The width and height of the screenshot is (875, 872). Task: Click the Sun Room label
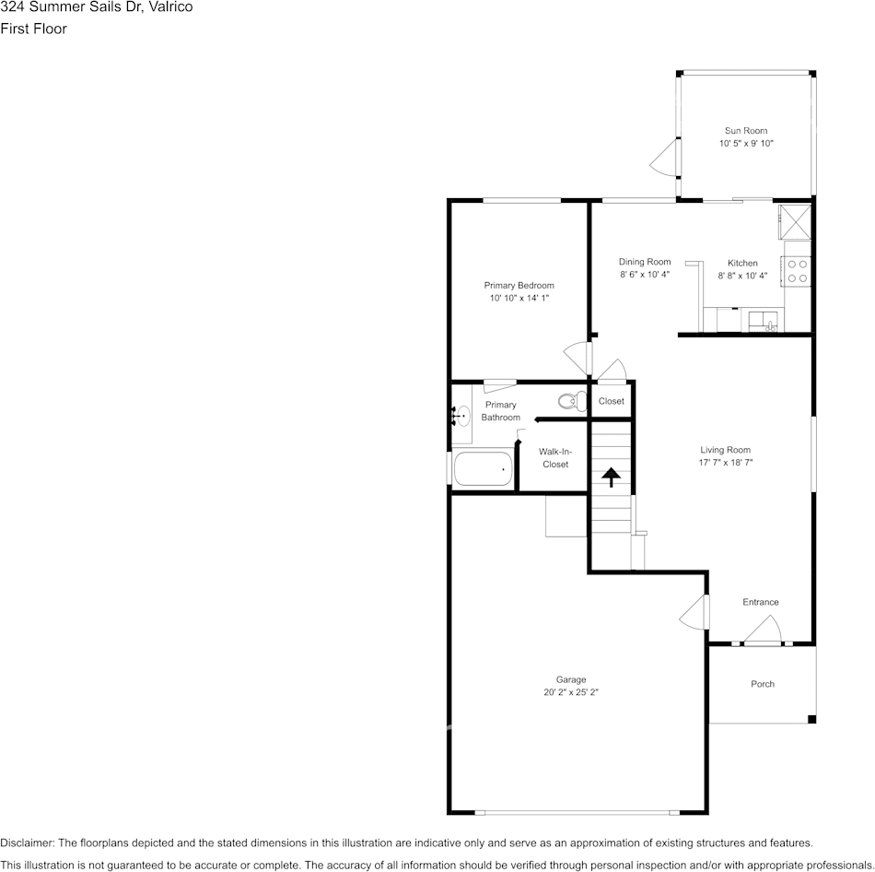pos(745,131)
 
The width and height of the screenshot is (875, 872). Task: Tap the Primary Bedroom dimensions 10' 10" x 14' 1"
pos(519,299)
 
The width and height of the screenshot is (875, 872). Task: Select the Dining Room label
pos(645,262)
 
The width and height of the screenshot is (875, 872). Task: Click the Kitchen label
pos(742,263)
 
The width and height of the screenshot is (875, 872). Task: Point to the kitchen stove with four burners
pos(798,270)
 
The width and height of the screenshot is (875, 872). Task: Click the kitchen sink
pos(764,321)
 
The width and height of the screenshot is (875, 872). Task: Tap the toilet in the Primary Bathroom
pos(572,401)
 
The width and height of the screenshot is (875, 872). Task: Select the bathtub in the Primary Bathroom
pos(483,469)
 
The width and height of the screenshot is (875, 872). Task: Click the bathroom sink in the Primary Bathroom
pos(461,418)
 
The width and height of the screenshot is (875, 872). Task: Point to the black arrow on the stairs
pos(610,477)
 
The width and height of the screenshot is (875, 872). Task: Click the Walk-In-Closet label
pos(554,458)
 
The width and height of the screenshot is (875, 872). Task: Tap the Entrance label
pos(761,602)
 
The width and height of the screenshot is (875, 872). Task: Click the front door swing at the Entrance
pos(764,630)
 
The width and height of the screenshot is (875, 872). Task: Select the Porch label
pos(763,684)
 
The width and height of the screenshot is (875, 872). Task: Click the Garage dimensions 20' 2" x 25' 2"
pos(570,692)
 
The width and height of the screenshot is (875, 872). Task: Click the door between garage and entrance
pos(696,613)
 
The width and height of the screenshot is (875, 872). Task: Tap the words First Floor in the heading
pos(33,29)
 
